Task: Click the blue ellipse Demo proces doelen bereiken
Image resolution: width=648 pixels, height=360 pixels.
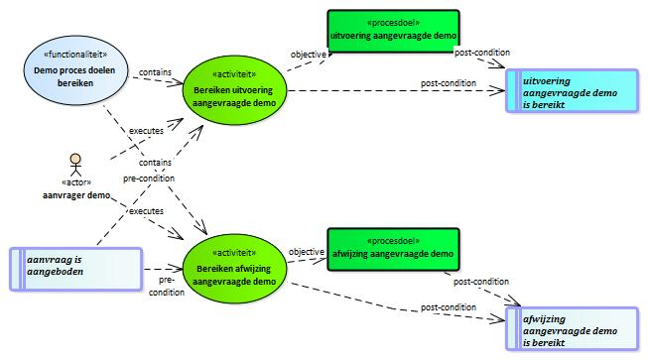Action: tap(75, 70)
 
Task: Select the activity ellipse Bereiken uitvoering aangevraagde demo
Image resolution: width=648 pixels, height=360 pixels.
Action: tap(234, 90)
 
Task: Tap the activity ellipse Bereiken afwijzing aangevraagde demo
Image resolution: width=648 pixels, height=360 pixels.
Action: tap(234, 269)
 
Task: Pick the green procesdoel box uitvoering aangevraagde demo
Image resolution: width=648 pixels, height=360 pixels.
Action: tap(393, 32)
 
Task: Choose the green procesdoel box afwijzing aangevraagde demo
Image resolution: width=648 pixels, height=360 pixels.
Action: tap(393, 249)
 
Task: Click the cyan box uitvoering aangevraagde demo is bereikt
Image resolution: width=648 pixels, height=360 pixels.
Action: tap(572, 90)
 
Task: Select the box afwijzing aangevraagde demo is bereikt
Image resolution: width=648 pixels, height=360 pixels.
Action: tap(572, 328)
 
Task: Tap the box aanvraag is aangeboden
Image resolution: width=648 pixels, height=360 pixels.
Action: tap(75, 269)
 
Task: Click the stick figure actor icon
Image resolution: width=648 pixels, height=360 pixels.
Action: tap(75, 165)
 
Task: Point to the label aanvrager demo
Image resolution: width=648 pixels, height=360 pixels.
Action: tap(76, 194)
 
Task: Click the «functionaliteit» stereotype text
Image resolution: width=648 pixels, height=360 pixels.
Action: tap(75, 55)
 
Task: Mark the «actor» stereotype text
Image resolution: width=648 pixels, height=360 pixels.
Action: tap(76, 182)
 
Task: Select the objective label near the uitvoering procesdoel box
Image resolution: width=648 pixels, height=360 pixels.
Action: tap(308, 55)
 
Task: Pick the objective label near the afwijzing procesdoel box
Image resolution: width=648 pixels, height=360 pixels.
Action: tap(307, 252)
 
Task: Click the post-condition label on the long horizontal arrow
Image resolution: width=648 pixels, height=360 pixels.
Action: tap(449, 83)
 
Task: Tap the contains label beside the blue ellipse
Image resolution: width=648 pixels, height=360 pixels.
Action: tap(155, 72)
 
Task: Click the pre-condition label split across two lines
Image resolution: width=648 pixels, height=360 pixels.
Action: tap(167, 286)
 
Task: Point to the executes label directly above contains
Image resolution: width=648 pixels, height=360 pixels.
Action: tap(146, 131)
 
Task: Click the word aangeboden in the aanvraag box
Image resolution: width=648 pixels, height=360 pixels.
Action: tap(56, 272)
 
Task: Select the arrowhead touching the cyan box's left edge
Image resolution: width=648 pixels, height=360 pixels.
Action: tap(497, 90)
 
